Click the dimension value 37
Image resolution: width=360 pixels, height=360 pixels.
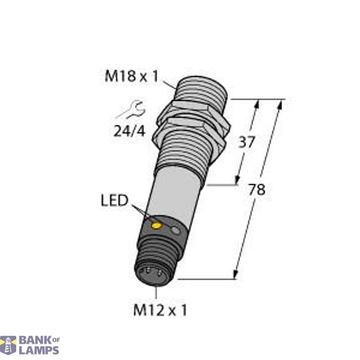tap(247, 142)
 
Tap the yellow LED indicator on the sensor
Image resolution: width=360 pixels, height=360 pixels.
tap(157, 226)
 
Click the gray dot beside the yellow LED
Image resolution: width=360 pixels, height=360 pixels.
tap(175, 230)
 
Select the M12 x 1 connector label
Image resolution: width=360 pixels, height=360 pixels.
tap(160, 310)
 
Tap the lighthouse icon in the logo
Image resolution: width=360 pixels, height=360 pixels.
tap(8, 345)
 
